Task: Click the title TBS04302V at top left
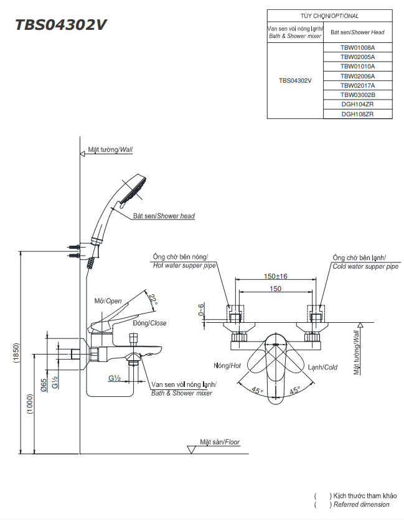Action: coord(62,25)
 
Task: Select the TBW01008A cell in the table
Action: coord(357,47)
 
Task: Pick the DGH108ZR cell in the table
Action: coord(357,114)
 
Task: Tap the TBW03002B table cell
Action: coord(357,95)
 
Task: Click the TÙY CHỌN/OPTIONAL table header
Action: coord(329,16)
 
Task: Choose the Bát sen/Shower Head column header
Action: coord(357,32)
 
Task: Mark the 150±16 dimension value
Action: coord(275,276)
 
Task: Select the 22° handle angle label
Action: coord(153,300)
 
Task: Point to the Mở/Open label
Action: coord(108,301)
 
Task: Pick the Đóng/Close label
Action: coord(149,323)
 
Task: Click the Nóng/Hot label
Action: coord(227,366)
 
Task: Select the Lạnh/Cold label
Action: coord(322,367)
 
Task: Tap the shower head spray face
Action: coord(134,189)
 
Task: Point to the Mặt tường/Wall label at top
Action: coord(110,150)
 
